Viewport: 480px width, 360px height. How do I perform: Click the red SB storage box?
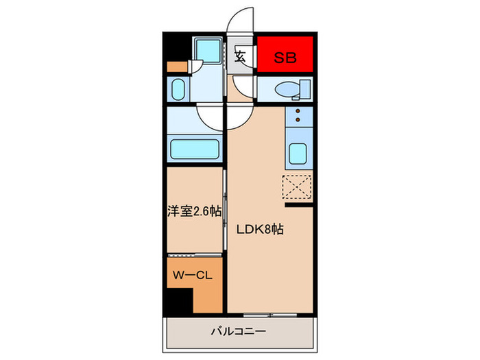click(x=286, y=58)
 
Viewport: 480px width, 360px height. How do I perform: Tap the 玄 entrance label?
click(x=241, y=58)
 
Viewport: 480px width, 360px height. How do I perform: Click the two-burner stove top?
click(x=299, y=117)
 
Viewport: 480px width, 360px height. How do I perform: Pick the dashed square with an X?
click(x=298, y=186)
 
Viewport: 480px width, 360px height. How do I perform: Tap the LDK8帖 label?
click(x=261, y=231)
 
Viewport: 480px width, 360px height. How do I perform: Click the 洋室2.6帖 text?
click(x=194, y=212)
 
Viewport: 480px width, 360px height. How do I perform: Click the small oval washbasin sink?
click(x=177, y=90)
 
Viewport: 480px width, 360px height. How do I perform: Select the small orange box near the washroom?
click(x=176, y=67)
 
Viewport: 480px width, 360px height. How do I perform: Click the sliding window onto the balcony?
click(x=271, y=315)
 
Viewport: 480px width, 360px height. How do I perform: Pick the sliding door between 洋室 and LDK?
click(x=226, y=213)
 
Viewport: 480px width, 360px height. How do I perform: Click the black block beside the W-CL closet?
click(x=178, y=300)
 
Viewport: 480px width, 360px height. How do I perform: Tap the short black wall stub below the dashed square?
click(x=300, y=204)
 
